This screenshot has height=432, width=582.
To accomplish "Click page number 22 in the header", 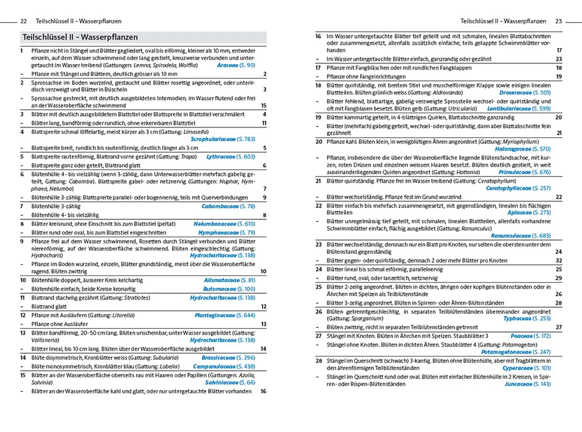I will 24,21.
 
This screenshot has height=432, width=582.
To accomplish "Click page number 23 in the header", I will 559,21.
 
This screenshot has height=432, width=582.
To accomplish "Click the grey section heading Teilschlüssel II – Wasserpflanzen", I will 80,37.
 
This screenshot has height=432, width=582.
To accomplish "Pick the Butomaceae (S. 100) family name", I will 229,289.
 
